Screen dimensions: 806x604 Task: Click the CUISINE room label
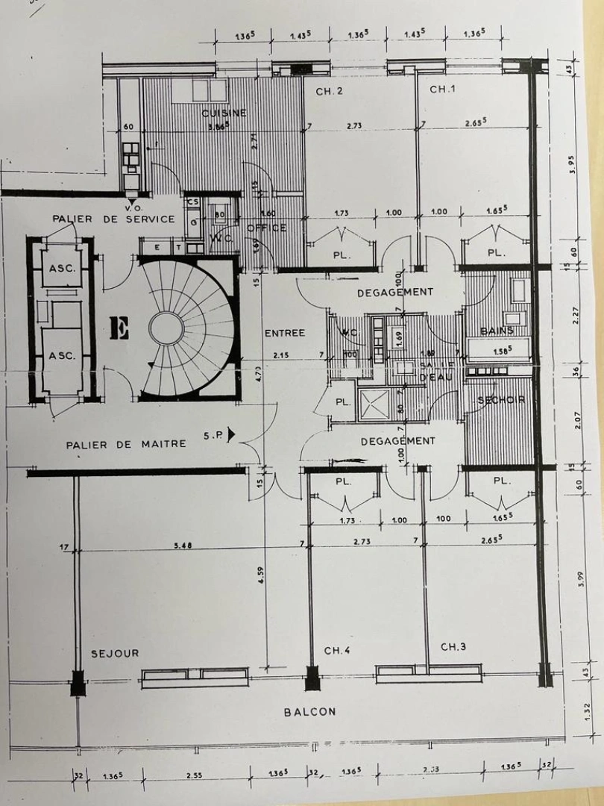coord(224,113)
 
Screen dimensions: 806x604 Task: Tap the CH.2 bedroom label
coord(329,91)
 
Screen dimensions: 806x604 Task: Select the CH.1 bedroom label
coord(442,90)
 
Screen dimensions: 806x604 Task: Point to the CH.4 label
coord(337,651)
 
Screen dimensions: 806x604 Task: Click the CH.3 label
coord(453,646)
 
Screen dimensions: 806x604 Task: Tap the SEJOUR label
coord(115,653)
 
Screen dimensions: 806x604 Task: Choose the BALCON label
coord(309,712)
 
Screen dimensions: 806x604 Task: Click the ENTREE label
coord(284,333)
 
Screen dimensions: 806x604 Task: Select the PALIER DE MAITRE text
coord(126,444)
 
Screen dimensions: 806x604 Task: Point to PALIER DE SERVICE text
coord(113,219)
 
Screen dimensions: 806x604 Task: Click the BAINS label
coord(496,330)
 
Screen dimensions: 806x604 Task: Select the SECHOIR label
coord(501,400)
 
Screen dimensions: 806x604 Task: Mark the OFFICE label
coord(266,228)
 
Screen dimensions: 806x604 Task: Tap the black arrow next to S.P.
coord(232,432)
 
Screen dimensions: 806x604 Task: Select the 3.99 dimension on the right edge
coord(581,579)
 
